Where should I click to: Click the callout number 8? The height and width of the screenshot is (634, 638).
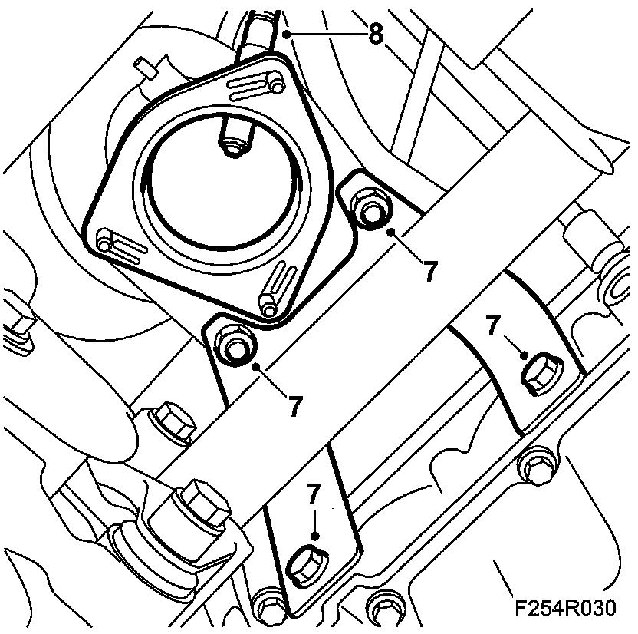[375, 35]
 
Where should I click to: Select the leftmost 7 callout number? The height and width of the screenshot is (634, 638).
[296, 405]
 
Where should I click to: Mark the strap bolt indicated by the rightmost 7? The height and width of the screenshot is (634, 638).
[540, 374]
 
